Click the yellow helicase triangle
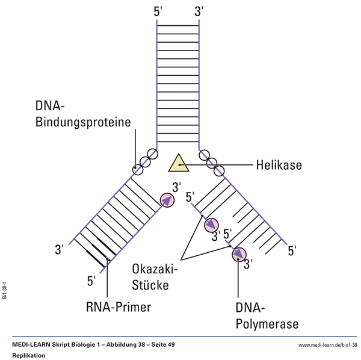[x=179, y=163]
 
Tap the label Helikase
[x=279, y=164]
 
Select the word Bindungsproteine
[x=83, y=123]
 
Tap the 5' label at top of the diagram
[x=158, y=11]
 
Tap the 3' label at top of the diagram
[x=199, y=11]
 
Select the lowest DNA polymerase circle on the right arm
[x=239, y=254]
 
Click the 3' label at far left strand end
[x=60, y=249]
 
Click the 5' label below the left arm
[x=92, y=281]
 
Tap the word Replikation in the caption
[x=29, y=355]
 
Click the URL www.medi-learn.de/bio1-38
[x=327, y=344]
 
